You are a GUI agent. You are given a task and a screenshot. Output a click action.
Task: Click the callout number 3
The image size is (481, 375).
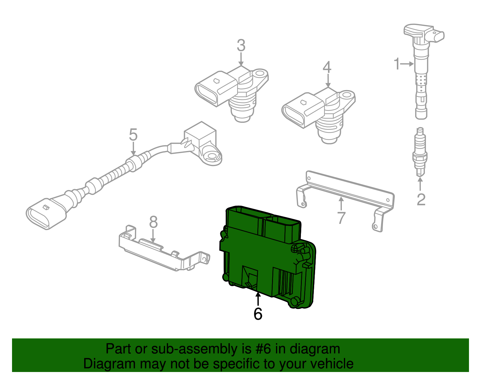(241, 46)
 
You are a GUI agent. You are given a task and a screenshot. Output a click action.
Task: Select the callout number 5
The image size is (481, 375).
(133, 135)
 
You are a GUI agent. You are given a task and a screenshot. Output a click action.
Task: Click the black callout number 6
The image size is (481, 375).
(258, 314)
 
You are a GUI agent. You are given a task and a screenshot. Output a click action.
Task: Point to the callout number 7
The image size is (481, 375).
(341, 218)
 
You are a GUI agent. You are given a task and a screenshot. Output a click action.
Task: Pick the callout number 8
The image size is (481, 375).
(153, 222)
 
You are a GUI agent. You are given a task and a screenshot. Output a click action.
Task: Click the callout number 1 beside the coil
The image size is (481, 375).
(397, 64)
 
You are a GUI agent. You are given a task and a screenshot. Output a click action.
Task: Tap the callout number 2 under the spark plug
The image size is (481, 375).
(421, 200)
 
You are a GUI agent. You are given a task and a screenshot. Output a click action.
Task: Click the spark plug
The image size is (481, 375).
(420, 152)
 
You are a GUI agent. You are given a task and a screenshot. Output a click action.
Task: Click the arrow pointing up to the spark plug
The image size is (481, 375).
(420, 183)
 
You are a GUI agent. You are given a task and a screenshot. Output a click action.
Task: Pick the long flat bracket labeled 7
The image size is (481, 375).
(349, 189)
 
